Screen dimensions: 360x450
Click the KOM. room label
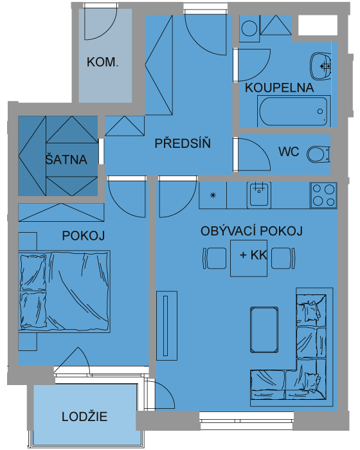click(x=102, y=62)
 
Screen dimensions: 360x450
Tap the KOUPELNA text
click(x=279, y=87)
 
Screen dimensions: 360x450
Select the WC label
click(x=289, y=152)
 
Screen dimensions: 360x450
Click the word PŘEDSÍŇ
click(x=183, y=143)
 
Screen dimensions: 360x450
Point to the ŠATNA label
click(x=66, y=159)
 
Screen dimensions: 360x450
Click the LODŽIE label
click(x=84, y=417)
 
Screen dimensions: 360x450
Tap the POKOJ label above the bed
click(x=84, y=236)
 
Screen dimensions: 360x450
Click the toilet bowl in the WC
click(x=318, y=154)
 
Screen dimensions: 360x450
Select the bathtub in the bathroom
click(x=293, y=111)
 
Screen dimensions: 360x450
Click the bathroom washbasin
click(x=320, y=66)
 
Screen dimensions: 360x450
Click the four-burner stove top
click(x=323, y=195)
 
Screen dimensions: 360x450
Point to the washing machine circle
click(x=249, y=28)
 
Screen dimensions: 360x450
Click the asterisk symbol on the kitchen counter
click(x=213, y=195)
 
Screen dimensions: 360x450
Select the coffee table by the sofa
click(x=264, y=329)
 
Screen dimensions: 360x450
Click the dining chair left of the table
click(x=215, y=258)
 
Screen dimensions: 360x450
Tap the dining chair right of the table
click(x=283, y=258)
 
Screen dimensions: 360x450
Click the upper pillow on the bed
click(x=33, y=273)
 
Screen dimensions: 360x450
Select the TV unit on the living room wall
click(x=166, y=326)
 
